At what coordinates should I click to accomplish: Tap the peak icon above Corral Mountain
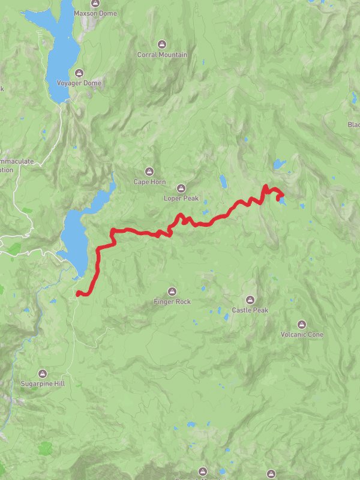pos(161,44)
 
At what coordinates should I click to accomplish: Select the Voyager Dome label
pos(79,83)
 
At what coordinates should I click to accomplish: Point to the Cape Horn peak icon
pos(149,171)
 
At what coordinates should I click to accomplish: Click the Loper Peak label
pos(181,197)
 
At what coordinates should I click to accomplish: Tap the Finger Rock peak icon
pos(172,292)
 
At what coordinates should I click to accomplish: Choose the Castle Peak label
pos(250,310)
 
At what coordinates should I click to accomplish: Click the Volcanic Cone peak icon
pos(302,324)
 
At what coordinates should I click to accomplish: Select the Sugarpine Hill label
pos(42,383)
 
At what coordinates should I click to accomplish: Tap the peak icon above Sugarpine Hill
pos(42,373)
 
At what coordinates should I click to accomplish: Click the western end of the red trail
pos(78,293)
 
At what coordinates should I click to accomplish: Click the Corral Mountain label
pos(162,55)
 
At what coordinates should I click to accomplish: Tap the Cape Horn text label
pos(149,182)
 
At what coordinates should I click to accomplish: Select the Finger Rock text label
pos(172,302)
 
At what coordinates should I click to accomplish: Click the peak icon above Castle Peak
pos(250,300)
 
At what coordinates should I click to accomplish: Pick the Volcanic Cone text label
pos(302,334)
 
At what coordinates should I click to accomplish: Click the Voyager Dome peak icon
pos(79,73)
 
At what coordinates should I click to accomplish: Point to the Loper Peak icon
pos(181,187)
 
